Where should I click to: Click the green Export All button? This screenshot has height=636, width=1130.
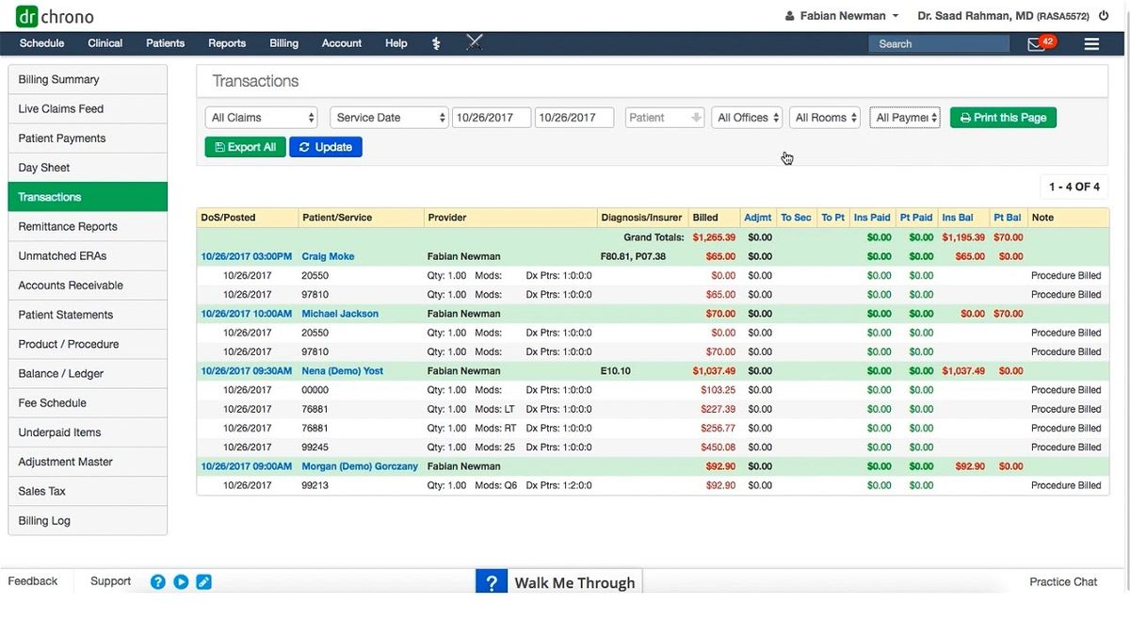coord(244,147)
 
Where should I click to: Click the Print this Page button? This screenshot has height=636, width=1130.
coord(1003,118)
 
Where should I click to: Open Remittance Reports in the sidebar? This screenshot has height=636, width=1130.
coord(68,226)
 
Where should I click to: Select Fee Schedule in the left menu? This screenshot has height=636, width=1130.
coord(53,402)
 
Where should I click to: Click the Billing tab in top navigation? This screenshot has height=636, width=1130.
coord(283,43)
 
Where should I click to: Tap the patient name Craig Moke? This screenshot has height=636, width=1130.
coord(328,256)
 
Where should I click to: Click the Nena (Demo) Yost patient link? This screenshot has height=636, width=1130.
coord(342,371)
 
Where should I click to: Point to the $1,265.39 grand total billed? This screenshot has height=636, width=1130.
coord(714,237)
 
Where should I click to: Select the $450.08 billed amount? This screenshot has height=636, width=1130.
coord(718,448)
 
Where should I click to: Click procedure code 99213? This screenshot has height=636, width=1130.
coord(315,485)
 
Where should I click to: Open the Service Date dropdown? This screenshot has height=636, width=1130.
coord(389,118)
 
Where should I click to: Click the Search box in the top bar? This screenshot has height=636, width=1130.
coord(937,43)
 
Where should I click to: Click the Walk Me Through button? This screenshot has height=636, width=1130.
coord(558,582)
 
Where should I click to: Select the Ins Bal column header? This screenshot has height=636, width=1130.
coord(957,218)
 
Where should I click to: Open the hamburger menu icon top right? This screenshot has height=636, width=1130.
coord(1091,43)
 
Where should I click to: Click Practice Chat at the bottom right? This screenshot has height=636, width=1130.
coord(1063,581)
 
